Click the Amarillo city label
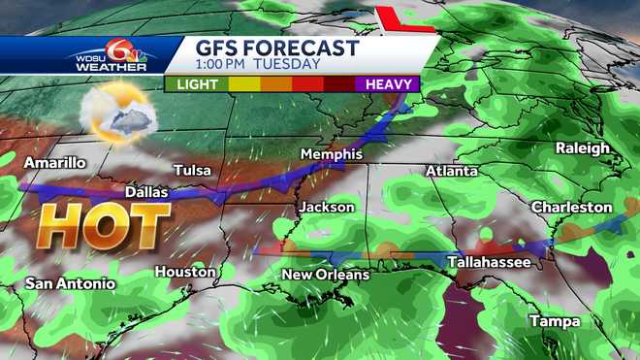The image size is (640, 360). point(56,162)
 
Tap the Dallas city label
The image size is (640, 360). point(145,192)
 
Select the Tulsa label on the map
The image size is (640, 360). point(191,171)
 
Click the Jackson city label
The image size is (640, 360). point(326,207)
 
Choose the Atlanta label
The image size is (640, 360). point(451,171)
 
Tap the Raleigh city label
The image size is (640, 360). point(582,147)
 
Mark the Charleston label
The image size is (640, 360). point(571,207)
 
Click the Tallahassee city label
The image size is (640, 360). point(488,262)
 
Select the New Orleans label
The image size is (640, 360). point(325,275)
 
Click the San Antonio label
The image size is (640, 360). point(70,283)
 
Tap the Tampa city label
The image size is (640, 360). point(554,321)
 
